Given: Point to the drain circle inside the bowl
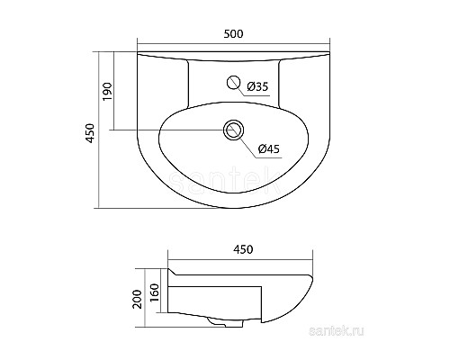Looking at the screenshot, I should (235, 130).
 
